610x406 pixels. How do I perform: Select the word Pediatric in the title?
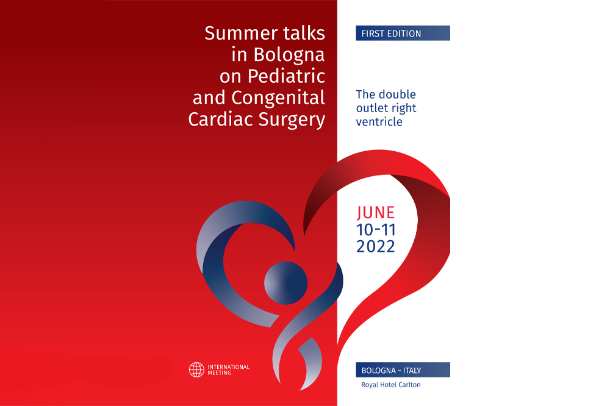click(286, 76)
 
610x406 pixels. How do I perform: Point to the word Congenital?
click(278, 98)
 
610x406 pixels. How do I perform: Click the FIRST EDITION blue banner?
click(403, 33)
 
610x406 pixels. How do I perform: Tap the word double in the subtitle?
click(397, 94)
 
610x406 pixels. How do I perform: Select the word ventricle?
click(379, 122)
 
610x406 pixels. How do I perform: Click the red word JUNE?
click(376, 213)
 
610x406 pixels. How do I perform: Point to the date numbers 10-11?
click(376, 230)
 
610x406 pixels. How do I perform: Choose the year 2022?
click(376, 246)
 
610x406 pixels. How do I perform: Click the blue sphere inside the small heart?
click(286, 283)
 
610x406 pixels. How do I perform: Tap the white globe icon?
click(196, 370)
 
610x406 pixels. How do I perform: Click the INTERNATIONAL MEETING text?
click(228, 370)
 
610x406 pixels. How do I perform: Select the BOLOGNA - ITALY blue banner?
click(403, 370)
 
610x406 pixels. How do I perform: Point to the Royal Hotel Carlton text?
click(391, 385)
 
